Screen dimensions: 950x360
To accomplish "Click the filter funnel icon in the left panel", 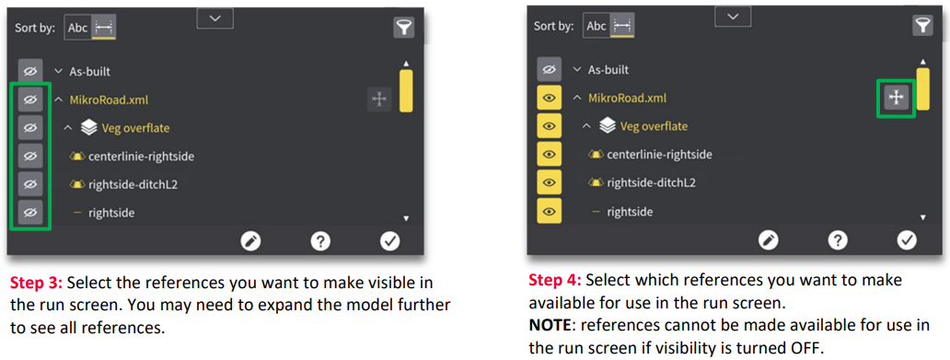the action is click(x=403, y=28).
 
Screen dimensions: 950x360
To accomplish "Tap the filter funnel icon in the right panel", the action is click(x=922, y=26).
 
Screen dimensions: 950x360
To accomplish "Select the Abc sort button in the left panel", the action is click(x=78, y=28).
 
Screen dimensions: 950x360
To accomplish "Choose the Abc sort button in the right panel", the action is click(x=597, y=26).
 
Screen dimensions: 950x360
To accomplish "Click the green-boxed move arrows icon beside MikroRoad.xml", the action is click(x=896, y=97).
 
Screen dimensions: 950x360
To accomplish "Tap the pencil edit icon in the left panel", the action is click(x=250, y=242).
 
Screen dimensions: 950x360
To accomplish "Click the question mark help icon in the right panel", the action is click(x=838, y=240).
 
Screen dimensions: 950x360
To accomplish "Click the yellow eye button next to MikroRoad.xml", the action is click(x=549, y=98).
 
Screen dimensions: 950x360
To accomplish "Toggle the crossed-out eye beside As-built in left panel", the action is click(x=30, y=71).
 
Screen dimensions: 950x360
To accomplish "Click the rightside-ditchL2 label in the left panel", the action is click(x=133, y=184).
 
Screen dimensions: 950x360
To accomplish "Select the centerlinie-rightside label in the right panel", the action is click(x=659, y=155).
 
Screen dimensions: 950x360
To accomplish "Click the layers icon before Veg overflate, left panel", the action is click(x=89, y=128).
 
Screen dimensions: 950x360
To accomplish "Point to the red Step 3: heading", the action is click(x=38, y=283).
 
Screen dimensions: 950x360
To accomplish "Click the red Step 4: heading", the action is click(x=556, y=280).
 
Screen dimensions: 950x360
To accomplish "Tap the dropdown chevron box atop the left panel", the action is click(x=215, y=18).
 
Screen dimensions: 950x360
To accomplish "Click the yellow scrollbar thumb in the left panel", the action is click(x=406, y=91).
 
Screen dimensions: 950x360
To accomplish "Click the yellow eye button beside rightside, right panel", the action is click(x=549, y=211).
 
